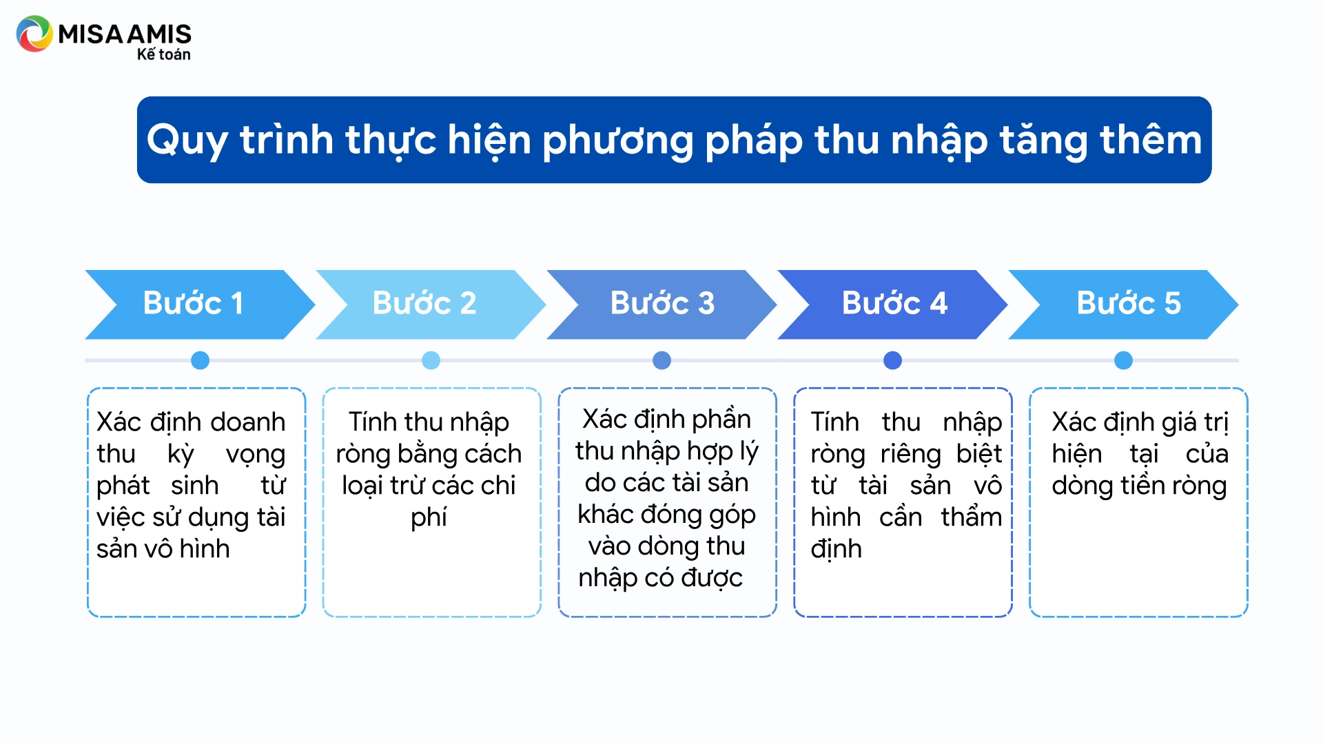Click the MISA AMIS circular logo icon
pos(34,34)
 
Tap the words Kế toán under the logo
pos(163,54)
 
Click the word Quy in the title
pos(187,141)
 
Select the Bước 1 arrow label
pos(193,303)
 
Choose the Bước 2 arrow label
pos(424,303)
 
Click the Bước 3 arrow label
pos(662,303)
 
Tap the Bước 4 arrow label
pos(894,303)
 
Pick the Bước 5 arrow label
pos(1129,303)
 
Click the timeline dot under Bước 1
pos(200,360)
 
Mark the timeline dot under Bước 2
pos(431,360)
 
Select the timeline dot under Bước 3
pos(661,360)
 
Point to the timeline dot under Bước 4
pos(892,360)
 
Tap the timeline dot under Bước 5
pos(1123,360)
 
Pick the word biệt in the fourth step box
pos(979,454)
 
